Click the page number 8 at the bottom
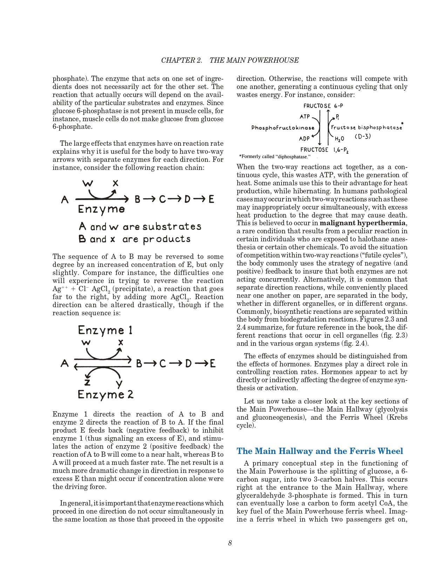pyautogui.click(x=230, y=543)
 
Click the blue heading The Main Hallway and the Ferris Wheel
pyautogui.click(x=320, y=451)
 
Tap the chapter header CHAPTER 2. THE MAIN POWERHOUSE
pyautogui.click(x=230, y=60)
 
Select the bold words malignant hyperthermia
pyautogui.click(x=363, y=223)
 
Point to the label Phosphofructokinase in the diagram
pyautogui.click(x=283, y=128)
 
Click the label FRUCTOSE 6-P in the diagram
pyautogui.click(x=323, y=106)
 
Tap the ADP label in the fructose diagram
pyautogui.click(x=304, y=138)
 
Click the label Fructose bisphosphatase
pyautogui.click(x=366, y=128)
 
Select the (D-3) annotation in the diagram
pyautogui.click(x=363, y=137)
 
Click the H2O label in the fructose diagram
pyautogui.click(x=339, y=139)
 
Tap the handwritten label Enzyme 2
pyautogui.click(x=106, y=394)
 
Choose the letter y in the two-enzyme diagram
pyautogui.click(x=119, y=384)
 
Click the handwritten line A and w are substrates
pyautogui.click(x=140, y=227)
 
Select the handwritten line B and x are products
pyautogui.click(x=135, y=239)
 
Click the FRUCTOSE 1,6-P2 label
pyautogui.click(x=324, y=150)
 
